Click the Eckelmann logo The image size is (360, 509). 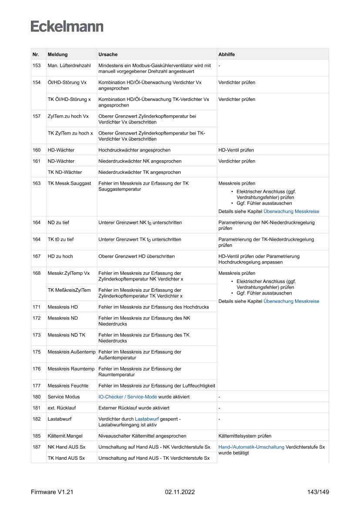tap(67, 27)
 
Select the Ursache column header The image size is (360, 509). tap(108, 54)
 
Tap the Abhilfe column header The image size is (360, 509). tap(227, 54)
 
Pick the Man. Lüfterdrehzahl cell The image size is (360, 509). tap(69, 65)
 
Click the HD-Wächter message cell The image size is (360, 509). tap(61, 150)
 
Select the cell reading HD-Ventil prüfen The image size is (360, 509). tap(236, 150)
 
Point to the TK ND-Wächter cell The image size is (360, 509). tap(64, 172)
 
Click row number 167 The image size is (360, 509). tap(37, 256)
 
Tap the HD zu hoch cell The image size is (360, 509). tap(61, 256)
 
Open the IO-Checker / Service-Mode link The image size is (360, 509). tap(128, 397)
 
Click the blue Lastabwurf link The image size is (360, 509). tap(147, 419)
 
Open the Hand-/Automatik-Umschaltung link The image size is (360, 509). tap(251, 447)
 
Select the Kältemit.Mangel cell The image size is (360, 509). tap(65, 436)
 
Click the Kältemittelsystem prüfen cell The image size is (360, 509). tap(245, 436)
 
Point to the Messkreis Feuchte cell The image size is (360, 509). tap(67, 385)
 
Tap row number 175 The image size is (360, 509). tap(37, 351)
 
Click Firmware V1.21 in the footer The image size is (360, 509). tap(52, 492)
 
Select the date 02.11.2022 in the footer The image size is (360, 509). tap(180, 492)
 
